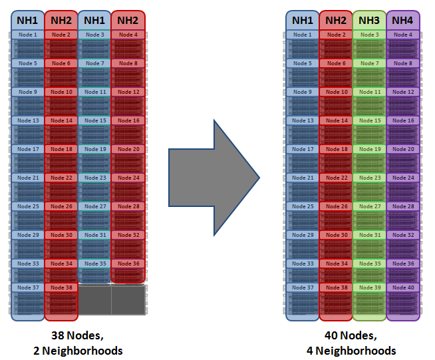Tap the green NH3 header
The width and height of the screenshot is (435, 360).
(368, 21)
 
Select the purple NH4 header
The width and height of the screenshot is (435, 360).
(402, 21)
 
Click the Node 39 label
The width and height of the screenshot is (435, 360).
(368, 287)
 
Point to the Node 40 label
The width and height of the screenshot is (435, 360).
(402, 287)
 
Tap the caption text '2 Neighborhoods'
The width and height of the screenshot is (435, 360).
(78, 350)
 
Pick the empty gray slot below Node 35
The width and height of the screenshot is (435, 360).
(94, 299)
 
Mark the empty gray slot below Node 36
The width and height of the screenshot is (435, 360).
(128, 299)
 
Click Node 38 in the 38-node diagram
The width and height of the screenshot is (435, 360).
(61, 287)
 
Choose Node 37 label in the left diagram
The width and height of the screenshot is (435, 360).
(27, 287)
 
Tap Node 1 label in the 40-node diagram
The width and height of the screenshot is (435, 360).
(302, 35)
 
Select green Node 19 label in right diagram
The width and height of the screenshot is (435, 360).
(368, 149)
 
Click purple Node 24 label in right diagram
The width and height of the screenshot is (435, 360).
(402, 178)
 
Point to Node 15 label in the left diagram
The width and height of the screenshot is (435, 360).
(94, 120)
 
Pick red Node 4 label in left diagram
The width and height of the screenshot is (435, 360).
(128, 35)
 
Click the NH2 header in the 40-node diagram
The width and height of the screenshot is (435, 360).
(335, 21)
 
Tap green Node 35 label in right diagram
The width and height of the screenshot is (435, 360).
(368, 264)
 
